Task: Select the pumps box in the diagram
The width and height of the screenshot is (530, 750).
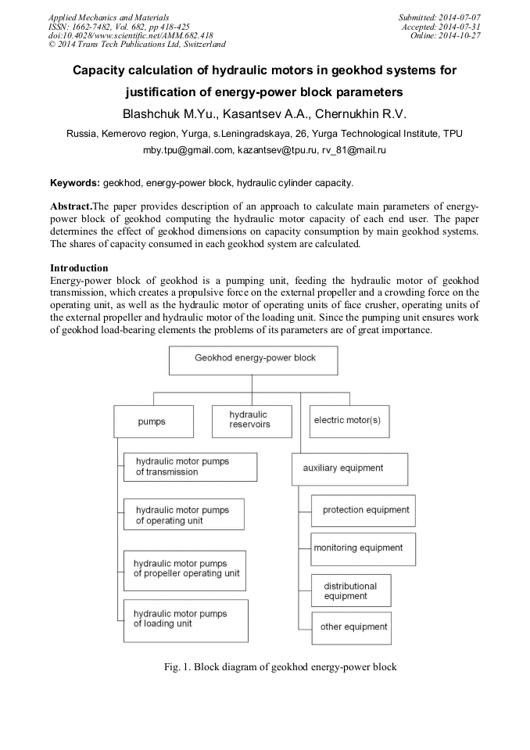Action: click(x=151, y=421)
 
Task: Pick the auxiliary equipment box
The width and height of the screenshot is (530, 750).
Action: click(x=349, y=468)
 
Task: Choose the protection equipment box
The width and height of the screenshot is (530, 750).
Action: click(x=364, y=510)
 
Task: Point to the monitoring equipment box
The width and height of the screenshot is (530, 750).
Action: click(x=363, y=548)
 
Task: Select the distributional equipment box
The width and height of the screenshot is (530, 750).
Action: click(x=351, y=590)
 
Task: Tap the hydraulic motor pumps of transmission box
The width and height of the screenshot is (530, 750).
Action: click(x=190, y=467)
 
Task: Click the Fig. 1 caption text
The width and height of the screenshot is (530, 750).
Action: click(x=266, y=667)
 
